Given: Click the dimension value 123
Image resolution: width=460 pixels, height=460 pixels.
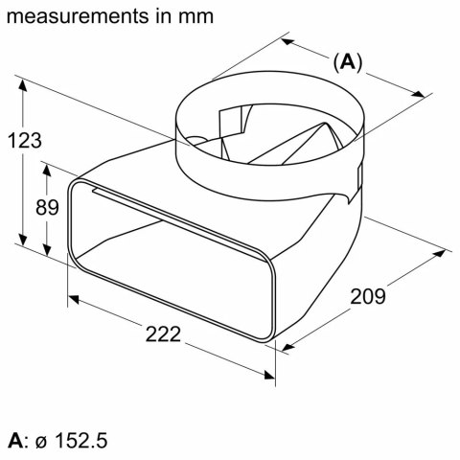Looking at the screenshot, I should (x=27, y=141).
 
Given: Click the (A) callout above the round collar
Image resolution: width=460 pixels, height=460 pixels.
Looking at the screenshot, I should (x=347, y=62).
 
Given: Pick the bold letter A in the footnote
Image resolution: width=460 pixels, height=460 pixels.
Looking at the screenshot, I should (x=13, y=441).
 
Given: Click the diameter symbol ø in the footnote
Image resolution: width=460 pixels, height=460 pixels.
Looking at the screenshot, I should (x=40, y=442).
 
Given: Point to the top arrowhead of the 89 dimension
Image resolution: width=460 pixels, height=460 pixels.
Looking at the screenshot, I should (x=46, y=166).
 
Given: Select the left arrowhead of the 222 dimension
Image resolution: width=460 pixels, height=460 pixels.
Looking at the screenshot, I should (x=70, y=296).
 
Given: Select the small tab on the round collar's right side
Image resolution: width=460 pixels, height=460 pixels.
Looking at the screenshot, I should (x=357, y=178).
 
